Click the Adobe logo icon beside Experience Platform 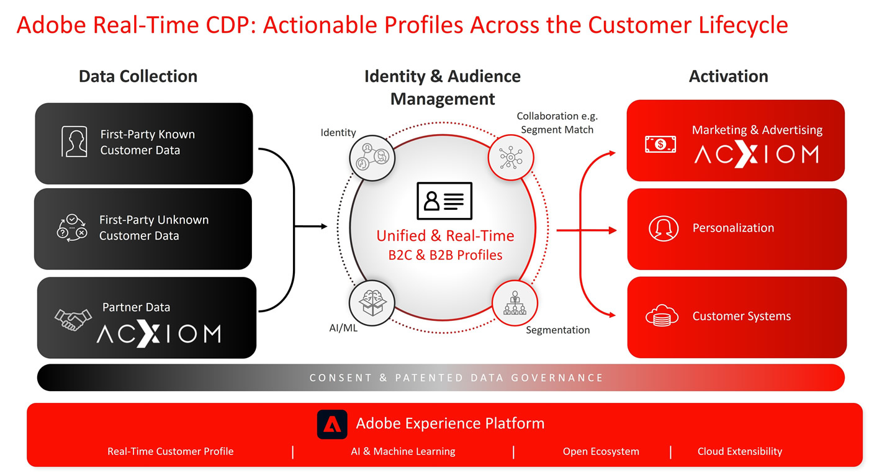pos(332,424)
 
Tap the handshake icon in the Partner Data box pos(73,320)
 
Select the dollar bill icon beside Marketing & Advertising pos(660,145)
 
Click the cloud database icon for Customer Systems pos(662,315)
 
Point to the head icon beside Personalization pos(664,228)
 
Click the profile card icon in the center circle pos(444,201)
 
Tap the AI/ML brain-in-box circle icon pos(372,303)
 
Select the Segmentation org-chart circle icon pos(515,303)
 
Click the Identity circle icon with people pos(372,158)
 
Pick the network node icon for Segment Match pos(511,158)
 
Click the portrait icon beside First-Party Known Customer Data pos(74,142)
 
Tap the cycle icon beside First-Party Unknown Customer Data pos(72,228)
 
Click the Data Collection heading pos(138,76)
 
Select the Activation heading pos(729,76)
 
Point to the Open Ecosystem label pos(601,451)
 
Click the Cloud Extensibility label pos(740,451)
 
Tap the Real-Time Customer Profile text pos(170,451)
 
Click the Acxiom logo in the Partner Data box pos(159,333)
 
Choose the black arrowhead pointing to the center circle pos(324,226)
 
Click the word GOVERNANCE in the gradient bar pos(557,377)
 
